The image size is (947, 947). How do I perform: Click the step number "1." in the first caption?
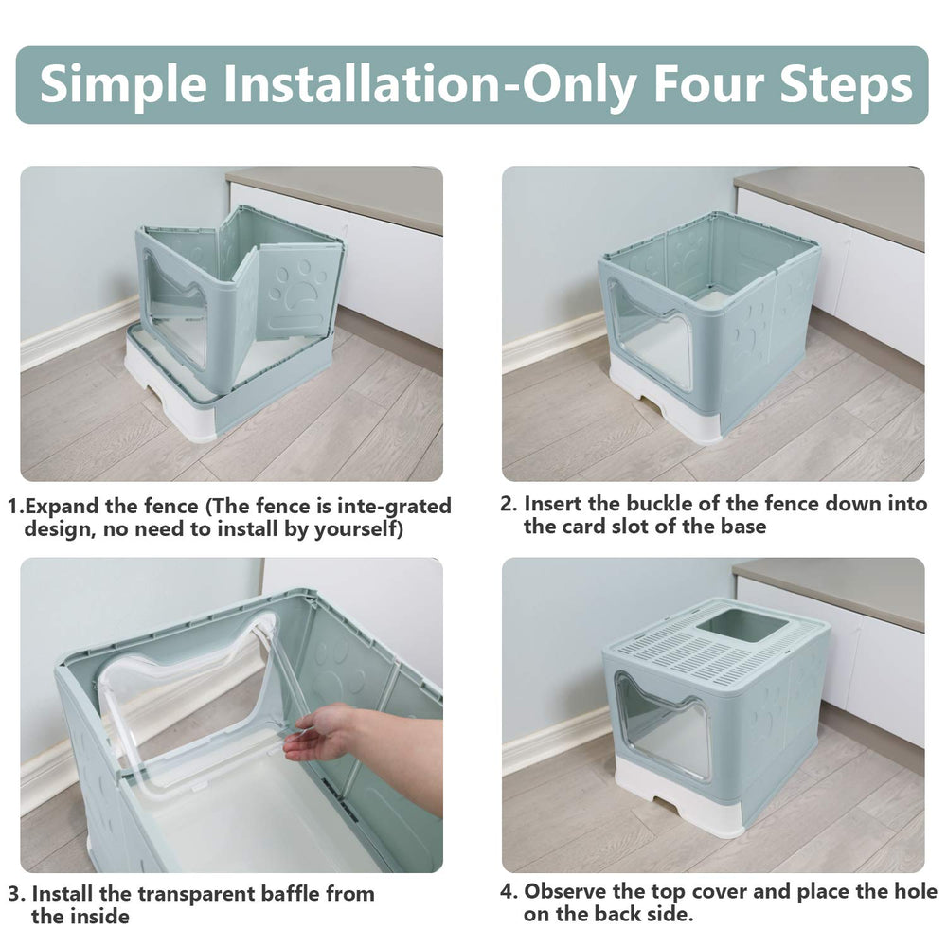click(16, 507)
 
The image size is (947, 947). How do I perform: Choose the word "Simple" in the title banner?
click(122, 85)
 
